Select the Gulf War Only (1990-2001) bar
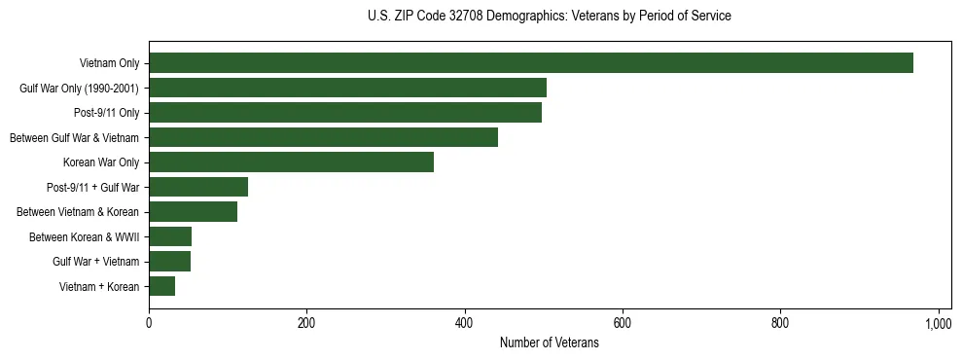[347, 89]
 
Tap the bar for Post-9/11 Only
[345, 113]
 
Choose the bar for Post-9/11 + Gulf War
[198, 187]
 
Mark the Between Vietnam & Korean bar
[193, 212]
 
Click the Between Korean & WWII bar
[170, 236]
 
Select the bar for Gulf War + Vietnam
[169, 262]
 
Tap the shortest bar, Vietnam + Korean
[161, 286]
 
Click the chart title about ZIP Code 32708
[550, 17]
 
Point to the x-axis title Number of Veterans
[550, 343]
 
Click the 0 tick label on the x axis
[149, 323]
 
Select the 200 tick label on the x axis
[306, 323]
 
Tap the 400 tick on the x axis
[464, 323]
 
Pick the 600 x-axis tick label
[623, 323]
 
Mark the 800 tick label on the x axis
[780, 323]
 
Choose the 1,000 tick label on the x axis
[938, 323]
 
